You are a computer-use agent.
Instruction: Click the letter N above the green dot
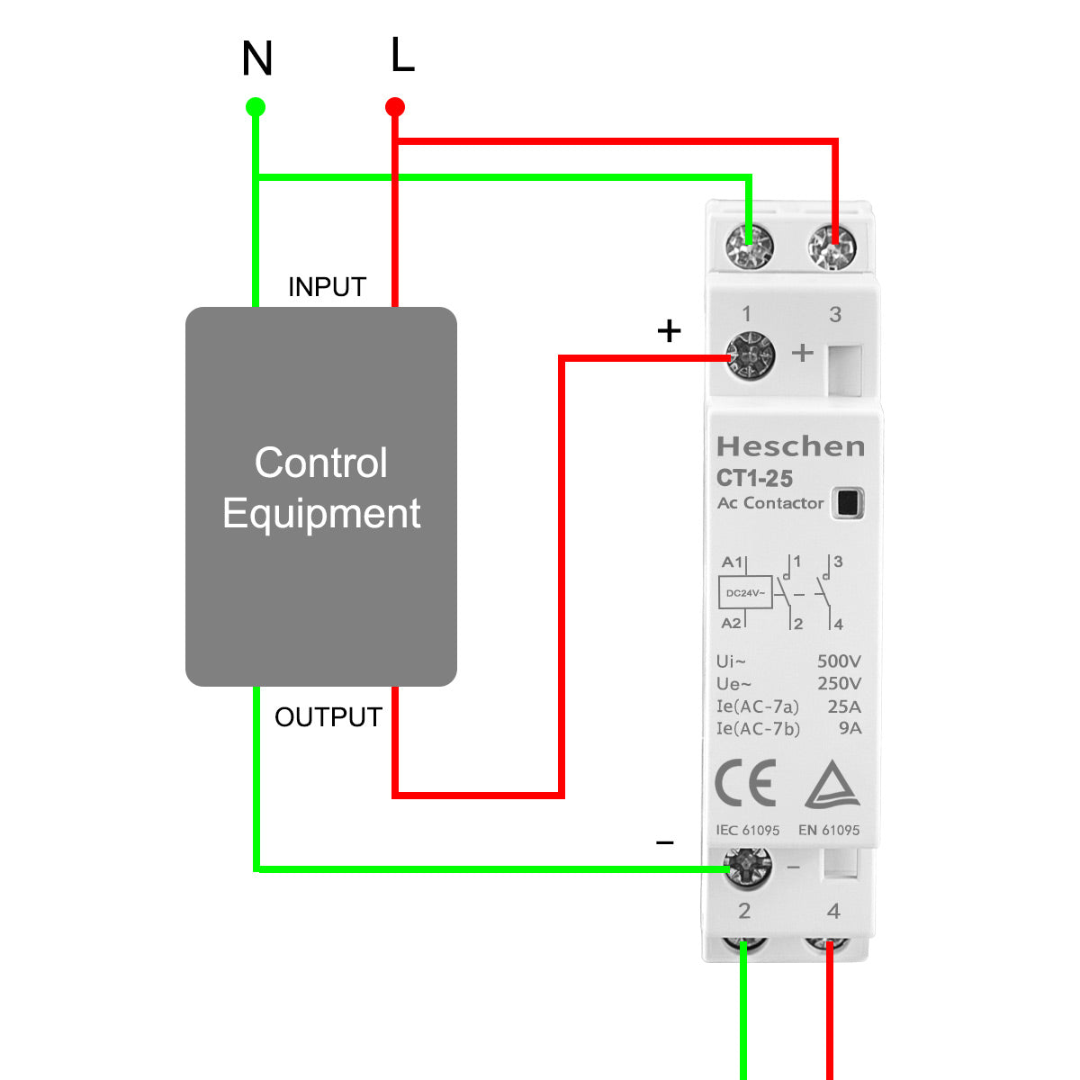[257, 59]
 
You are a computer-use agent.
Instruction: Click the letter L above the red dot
[402, 56]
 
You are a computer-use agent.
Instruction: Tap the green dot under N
[256, 108]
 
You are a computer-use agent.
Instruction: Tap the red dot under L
[395, 108]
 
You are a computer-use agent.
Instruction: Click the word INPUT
[327, 287]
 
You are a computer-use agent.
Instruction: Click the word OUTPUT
[328, 717]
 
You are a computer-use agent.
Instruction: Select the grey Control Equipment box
[321, 496]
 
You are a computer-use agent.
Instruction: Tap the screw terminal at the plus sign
[750, 356]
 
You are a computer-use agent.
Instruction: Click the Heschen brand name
[790, 446]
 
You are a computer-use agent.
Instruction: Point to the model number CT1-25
[754, 478]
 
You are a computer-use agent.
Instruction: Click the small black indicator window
[847, 502]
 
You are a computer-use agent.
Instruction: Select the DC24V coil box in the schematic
[745, 593]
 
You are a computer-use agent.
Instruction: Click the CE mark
[745, 784]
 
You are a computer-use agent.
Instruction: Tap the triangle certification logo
[832, 785]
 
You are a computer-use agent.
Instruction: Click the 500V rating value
[839, 661]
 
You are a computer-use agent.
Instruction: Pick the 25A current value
[844, 706]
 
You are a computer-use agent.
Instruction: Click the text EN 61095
[829, 830]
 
